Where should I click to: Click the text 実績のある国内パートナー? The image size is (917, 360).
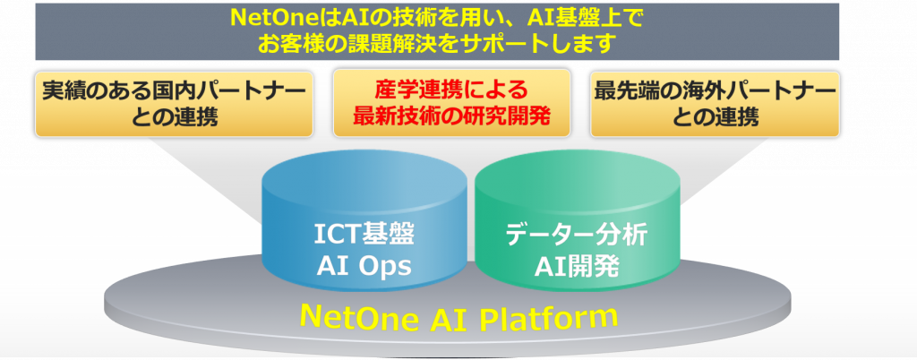tap(175, 91)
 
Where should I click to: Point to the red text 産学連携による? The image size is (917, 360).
tap(451, 90)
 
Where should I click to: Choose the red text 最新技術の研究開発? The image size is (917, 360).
tap(451, 116)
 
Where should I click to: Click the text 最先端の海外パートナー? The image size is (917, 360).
tap(715, 91)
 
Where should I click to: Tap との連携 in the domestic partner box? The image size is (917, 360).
tap(175, 117)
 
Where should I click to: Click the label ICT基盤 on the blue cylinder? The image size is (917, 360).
tap(364, 236)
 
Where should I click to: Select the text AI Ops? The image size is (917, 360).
tap(364, 266)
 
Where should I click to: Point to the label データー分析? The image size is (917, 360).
tap(577, 236)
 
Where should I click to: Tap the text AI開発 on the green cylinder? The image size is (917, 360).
tap(577, 267)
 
